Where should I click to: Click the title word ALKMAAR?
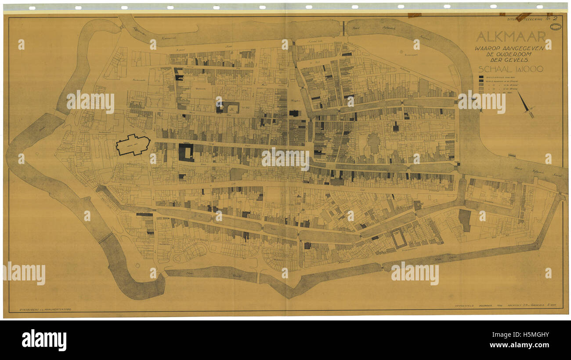point(511,36)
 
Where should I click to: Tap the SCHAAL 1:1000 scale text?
point(510,69)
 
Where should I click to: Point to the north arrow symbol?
point(525,104)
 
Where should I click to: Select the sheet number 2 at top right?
point(554,18)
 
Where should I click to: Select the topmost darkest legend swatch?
point(481,77)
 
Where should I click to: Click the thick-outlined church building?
point(133,145)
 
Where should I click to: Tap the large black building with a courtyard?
point(186,152)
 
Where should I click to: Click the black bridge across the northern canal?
point(343,28)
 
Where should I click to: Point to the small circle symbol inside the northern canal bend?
point(401,51)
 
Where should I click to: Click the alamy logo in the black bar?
point(44,340)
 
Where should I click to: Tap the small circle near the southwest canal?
point(137,265)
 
